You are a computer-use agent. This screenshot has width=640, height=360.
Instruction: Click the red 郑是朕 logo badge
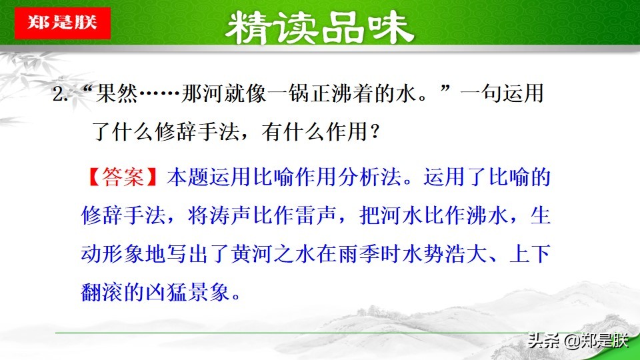tap(61, 23)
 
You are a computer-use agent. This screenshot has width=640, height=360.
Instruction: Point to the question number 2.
tap(60, 94)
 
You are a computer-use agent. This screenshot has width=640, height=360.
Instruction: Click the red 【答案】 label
tap(123, 178)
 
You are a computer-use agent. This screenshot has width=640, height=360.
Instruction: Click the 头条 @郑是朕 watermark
tap(577, 341)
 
